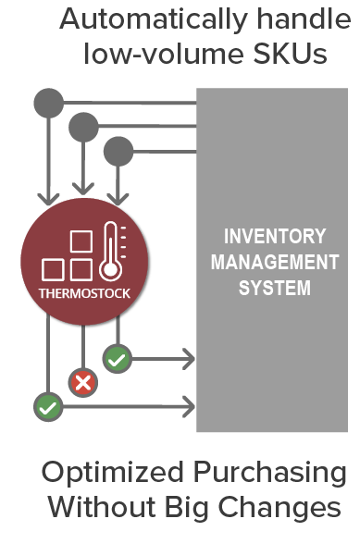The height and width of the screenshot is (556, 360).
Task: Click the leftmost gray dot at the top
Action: coord(48,102)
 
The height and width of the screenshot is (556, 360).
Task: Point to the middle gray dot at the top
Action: coord(83,126)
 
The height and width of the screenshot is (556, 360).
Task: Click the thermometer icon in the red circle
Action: coord(112,250)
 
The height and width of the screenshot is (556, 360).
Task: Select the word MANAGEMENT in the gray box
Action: coord(274,262)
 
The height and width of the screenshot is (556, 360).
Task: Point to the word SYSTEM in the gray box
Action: coord(274,288)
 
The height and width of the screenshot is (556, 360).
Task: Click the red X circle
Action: coord(83,381)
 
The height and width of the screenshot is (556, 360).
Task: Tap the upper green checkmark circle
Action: coord(117,358)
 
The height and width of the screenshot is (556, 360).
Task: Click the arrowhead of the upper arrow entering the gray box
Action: coord(188,358)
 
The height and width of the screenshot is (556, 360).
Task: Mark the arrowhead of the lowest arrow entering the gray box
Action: coord(188,405)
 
